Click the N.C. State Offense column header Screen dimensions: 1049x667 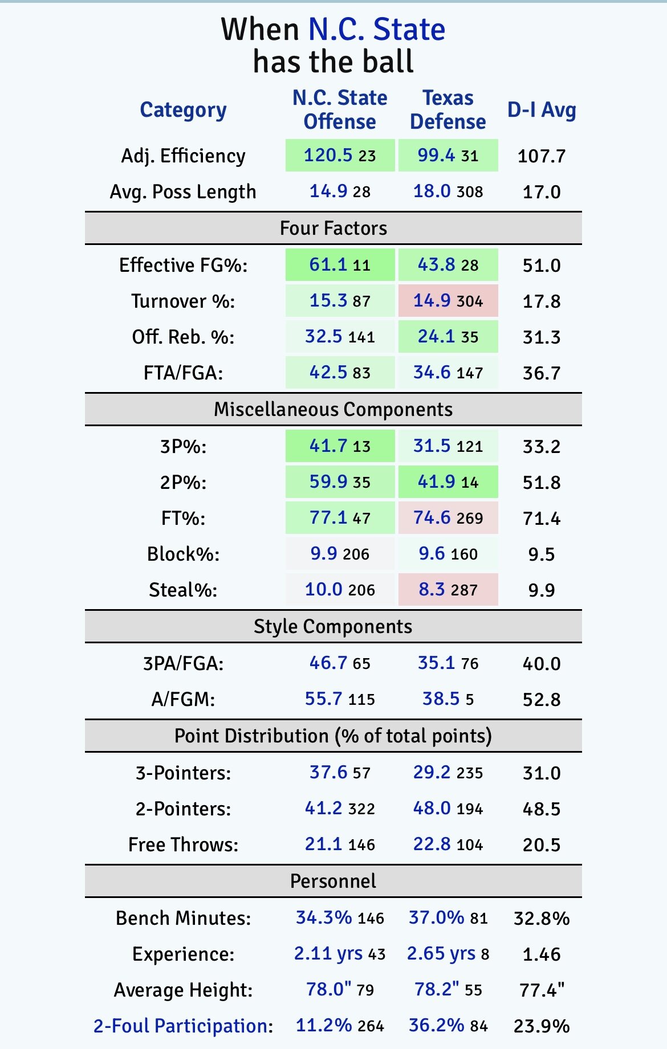340,110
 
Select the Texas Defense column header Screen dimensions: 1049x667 448,110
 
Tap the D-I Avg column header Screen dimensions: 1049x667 542,110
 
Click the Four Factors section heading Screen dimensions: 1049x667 333,228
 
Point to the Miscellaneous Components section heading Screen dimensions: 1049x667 333,410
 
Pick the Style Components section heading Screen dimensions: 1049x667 333,627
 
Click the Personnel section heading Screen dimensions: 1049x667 333,881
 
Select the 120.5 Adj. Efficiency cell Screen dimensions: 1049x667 340,156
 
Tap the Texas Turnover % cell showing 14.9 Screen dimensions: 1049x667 448,301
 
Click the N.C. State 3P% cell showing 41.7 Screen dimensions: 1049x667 340,446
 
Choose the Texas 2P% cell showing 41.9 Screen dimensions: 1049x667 448,482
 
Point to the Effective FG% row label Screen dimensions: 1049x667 183,266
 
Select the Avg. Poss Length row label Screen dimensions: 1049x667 183,192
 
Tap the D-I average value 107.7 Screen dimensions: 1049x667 542,156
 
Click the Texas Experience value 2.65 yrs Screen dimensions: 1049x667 441,954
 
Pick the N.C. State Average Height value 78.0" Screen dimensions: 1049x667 329,990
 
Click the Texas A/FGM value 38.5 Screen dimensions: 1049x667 441,699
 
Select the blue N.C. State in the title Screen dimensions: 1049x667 377,30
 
